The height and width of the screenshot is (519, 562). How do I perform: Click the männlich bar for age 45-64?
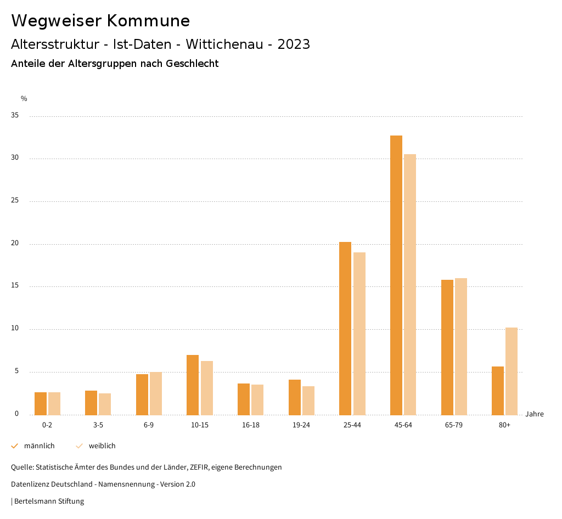tap(396, 275)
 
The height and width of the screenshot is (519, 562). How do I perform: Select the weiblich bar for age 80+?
tap(512, 371)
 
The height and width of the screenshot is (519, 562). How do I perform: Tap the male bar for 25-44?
tap(345, 328)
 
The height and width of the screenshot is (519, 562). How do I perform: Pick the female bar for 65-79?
tap(460, 346)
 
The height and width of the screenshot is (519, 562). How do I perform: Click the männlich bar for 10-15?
tap(193, 385)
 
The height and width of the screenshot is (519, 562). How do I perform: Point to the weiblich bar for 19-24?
tap(308, 400)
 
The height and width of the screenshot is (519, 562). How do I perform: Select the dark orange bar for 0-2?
tap(41, 403)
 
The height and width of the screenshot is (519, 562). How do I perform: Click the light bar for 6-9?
tap(156, 393)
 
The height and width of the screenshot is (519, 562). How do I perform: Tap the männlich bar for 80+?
tap(498, 391)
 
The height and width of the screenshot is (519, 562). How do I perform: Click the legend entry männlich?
tap(39, 446)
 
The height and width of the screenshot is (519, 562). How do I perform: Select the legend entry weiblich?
tap(102, 446)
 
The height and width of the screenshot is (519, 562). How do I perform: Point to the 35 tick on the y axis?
tap(15, 116)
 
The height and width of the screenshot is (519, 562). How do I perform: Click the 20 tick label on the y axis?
tap(15, 244)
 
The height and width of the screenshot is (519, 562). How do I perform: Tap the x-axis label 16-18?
tap(250, 425)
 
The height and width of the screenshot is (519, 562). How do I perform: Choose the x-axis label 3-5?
tap(98, 425)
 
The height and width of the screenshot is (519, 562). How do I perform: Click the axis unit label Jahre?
tap(535, 414)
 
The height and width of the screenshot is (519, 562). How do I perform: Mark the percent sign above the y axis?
tap(24, 99)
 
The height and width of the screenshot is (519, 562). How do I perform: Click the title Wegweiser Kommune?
tap(100, 21)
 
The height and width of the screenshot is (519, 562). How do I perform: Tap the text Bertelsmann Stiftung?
tap(49, 501)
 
